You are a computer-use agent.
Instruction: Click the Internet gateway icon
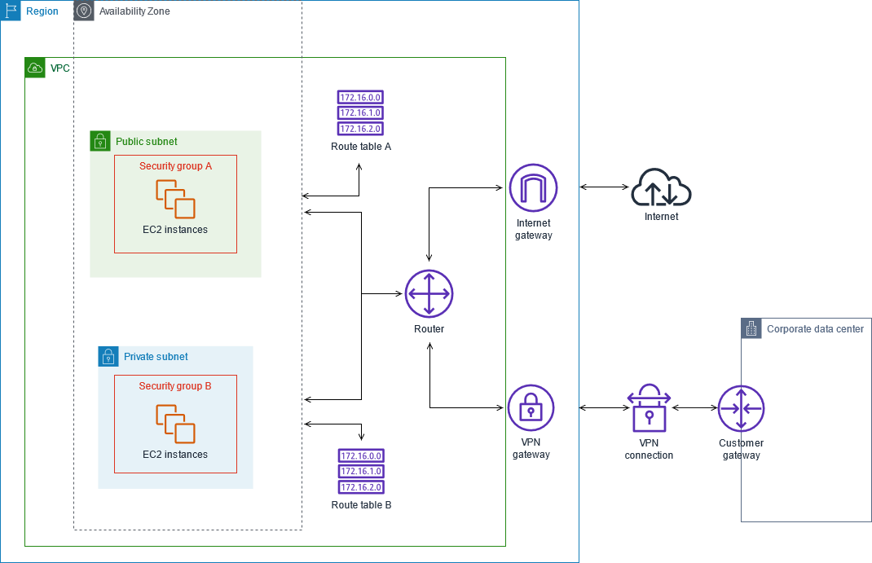pyautogui.click(x=533, y=187)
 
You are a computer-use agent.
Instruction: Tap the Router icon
pyautogui.click(x=429, y=293)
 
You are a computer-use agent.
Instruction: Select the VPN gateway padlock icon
pyautogui.click(x=531, y=408)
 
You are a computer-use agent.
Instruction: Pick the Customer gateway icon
pyautogui.click(x=741, y=408)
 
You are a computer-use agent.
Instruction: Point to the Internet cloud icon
pyautogui.click(x=661, y=188)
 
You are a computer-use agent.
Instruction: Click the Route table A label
pyautogui.click(x=361, y=147)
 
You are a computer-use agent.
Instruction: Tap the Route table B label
pyautogui.click(x=362, y=505)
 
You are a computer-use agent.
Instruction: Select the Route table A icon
pyautogui.click(x=360, y=112)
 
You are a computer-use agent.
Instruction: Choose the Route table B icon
pyautogui.click(x=360, y=471)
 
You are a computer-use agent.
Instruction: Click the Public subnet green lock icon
pyautogui.click(x=99, y=141)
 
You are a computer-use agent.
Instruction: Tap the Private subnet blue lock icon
pyautogui.click(x=108, y=356)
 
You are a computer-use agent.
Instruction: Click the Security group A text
pyautogui.click(x=175, y=166)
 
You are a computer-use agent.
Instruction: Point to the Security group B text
pyautogui.click(x=175, y=386)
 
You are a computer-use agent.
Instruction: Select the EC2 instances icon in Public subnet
pyautogui.click(x=175, y=199)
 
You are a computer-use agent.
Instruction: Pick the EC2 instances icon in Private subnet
pyautogui.click(x=175, y=424)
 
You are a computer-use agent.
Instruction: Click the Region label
pyautogui.click(x=42, y=11)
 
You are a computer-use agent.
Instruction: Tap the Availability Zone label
pyautogui.click(x=134, y=11)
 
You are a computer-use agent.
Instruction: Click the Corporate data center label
pyautogui.click(x=815, y=329)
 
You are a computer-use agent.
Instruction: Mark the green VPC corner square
pyautogui.click(x=35, y=68)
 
